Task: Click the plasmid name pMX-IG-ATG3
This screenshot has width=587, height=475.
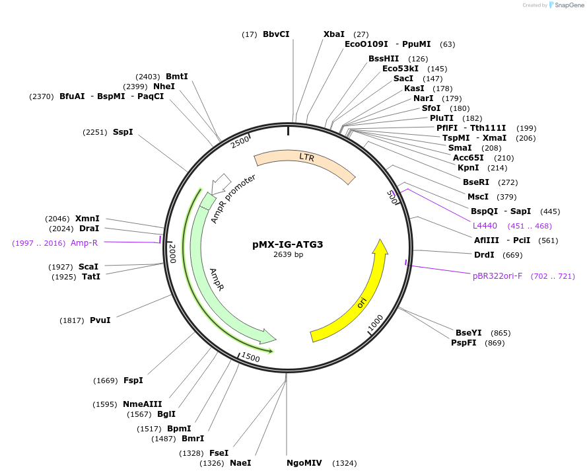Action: [x=287, y=244]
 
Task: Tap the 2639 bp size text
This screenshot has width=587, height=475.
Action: [x=288, y=255]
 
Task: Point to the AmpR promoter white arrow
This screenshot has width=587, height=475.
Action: [x=221, y=183]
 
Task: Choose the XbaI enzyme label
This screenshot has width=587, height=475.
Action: [x=334, y=34]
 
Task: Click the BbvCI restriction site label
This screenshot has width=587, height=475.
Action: [x=276, y=34]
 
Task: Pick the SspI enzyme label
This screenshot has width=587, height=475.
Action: [x=123, y=132]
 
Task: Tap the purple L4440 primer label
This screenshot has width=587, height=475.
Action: [x=485, y=226]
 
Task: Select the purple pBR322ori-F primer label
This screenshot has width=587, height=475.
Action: [x=497, y=276]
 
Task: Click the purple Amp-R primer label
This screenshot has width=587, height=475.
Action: [x=85, y=243]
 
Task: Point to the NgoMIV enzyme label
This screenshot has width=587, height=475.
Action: [x=304, y=463]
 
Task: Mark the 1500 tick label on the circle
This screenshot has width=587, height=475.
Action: [x=250, y=357]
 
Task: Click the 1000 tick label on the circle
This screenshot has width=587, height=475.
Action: [x=376, y=323]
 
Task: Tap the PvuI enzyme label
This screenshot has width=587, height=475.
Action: [x=100, y=320]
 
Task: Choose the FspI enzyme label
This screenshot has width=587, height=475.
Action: [x=133, y=381]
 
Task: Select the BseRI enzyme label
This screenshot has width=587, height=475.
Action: [x=476, y=182]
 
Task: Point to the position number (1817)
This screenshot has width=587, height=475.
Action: [x=72, y=320]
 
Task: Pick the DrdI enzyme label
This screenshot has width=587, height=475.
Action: [x=484, y=255]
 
